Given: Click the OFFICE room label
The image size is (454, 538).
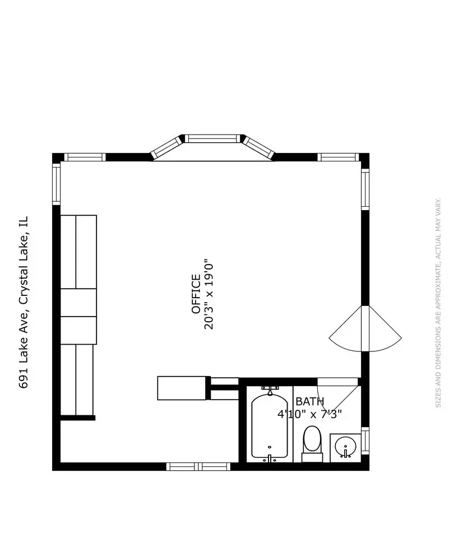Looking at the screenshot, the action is [196, 294].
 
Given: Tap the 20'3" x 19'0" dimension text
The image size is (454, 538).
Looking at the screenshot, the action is [209, 294].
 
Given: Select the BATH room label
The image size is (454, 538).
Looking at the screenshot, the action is [309, 401].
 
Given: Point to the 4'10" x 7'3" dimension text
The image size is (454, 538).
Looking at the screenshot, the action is [309, 414].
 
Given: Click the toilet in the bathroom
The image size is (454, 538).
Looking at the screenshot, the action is [312, 444].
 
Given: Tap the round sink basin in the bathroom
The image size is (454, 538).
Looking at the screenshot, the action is [346, 447].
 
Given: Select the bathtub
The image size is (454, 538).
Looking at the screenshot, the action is [270, 425].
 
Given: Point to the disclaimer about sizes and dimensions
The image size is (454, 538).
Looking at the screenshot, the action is [438, 303].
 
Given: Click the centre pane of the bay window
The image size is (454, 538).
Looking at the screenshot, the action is [213, 138].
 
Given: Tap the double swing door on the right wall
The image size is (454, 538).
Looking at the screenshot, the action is [365, 329].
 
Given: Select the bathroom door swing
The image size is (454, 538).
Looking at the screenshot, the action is [337, 398].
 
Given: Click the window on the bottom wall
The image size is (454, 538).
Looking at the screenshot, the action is [198, 467].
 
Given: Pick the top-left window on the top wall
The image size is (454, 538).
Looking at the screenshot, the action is [85, 157].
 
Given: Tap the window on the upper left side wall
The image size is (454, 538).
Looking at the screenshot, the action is [56, 184].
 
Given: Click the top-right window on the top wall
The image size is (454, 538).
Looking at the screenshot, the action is [339, 157].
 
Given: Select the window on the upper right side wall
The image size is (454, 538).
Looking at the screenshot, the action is [365, 189].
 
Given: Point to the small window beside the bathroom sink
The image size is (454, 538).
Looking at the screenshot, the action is [365, 441].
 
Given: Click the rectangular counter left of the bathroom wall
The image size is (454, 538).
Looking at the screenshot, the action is [182, 388].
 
